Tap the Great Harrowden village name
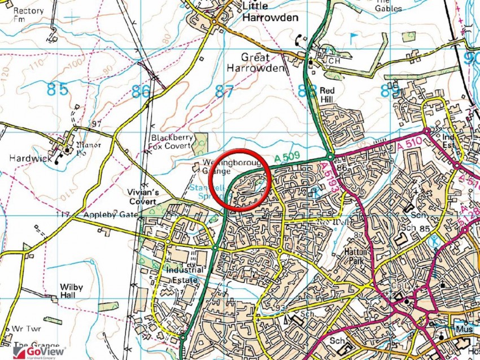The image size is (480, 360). [x=255, y=62]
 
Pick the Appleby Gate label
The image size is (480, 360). [x=111, y=215]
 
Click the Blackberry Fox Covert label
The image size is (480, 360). [x=172, y=141]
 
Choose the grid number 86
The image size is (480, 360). [x=141, y=91]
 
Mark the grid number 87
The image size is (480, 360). [x=224, y=90]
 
